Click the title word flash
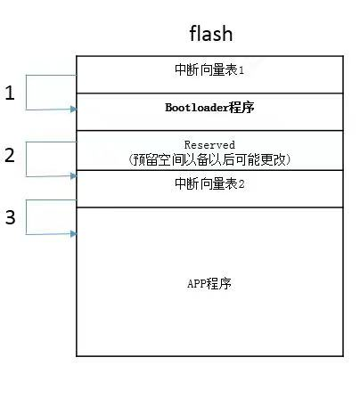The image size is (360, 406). [210, 34]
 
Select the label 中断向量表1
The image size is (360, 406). [210, 70]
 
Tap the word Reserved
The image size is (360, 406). [209, 144]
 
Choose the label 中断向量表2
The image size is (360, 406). [210, 184]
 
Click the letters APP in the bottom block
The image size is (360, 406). [197, 284]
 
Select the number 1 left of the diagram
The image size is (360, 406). [10, 93]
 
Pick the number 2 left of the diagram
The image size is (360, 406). [10, 155]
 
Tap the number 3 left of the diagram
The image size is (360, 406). [10, 217]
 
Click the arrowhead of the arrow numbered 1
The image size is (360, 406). [73, 110]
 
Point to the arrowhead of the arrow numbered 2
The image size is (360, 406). [73, 175]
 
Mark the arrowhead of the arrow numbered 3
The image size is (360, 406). [73, 234]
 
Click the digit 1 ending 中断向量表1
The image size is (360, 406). [240, 70]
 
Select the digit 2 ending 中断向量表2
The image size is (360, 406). [240, 184]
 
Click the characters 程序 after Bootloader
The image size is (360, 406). [233, 108]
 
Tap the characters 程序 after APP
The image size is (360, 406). [221, 284]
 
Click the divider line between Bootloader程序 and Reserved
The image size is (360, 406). [210, 131]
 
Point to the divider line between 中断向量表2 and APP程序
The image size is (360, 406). [210, 207]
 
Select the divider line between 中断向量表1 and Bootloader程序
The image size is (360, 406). [210, 93]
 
